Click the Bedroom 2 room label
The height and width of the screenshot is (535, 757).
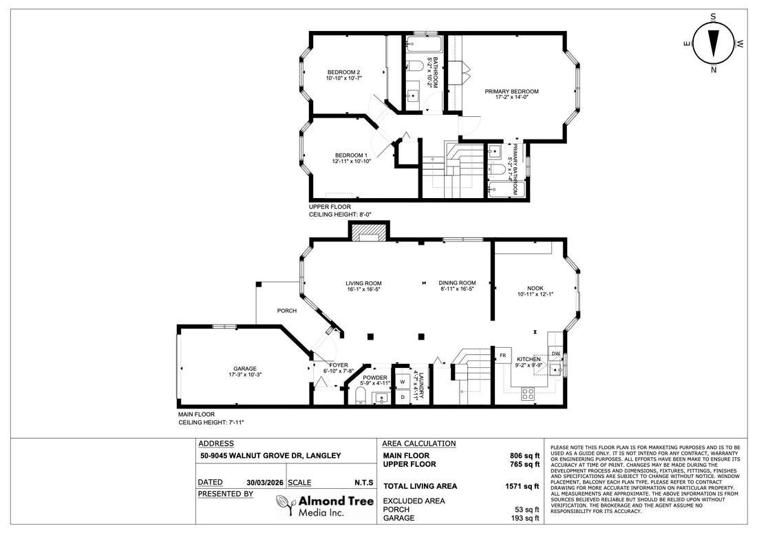pyautogui.click(x=343, y=72)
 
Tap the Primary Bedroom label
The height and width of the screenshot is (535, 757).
pyautogui.click(x=511, y=91)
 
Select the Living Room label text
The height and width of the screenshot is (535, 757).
pyautogui.click(x=363, y=283)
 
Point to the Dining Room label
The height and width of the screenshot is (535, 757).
pyautogui.click(x=457, y=283)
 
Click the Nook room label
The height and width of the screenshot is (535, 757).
pyautogui.click(x=535, y=289)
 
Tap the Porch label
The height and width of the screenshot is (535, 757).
pyautogui.click(x=287, y=311)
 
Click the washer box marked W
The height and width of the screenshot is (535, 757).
pyautogui.click(x=402, y=382)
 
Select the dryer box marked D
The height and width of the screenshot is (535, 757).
pyautogui.click(x=402, y=397)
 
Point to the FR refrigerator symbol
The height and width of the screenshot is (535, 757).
pyautogui.click(x=503, y=356)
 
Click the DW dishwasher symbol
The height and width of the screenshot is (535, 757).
pyautogui.click(x=556, y=353)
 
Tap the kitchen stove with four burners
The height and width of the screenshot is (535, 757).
pyautogui.click(x=529, y=393)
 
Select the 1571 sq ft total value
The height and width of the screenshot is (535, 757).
pyautogui.click(x=522, y=486)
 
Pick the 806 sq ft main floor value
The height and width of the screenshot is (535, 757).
pyautogui.click(x=524, y=455)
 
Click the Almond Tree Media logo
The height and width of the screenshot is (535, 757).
pyautogui.click(x=324, y=505)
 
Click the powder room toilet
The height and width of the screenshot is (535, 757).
pyautogui.click(x=359, y=395)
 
